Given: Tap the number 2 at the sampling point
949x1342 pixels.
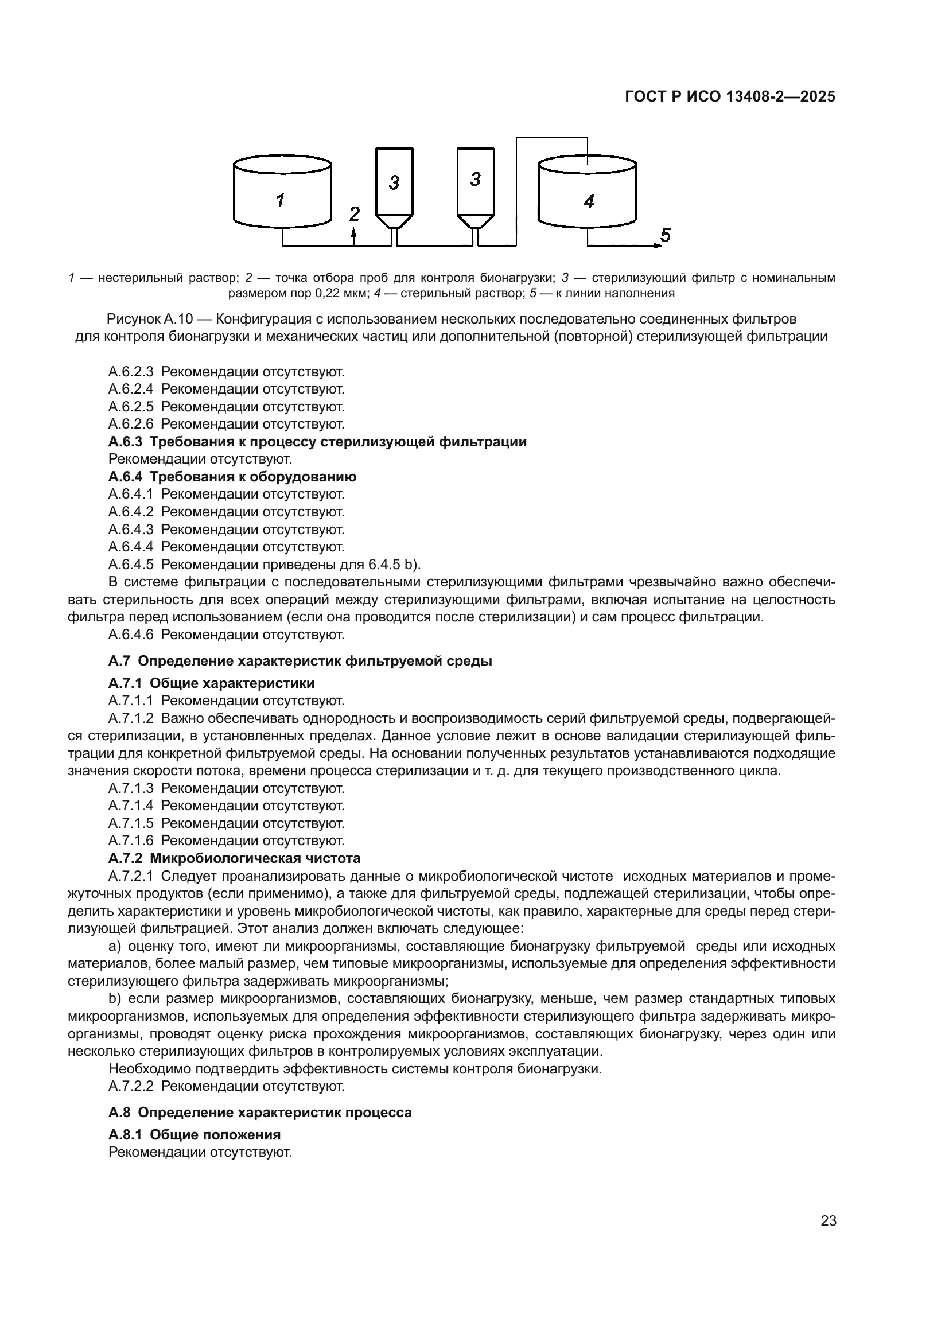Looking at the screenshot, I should pyautogui.click(x=355, y=215).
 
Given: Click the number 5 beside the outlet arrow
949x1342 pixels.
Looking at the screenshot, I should pyautogui.click(x=665, y=236).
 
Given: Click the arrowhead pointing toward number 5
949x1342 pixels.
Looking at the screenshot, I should pyautogui.click(x=657, y=246).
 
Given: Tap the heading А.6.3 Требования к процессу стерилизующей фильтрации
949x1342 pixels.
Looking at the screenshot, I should pyautogui.click(x=317, y=442).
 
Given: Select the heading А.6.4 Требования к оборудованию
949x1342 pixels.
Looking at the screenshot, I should pyautogui.click(x=232, y=477).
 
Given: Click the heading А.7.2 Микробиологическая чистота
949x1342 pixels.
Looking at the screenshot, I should pyautogui.click(x=234, y=858).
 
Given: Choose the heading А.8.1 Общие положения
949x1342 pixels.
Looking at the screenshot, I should pyautogui.click(x=194, y=1134).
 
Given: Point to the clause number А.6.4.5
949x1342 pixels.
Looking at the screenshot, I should pyautogui.click(x=131, y=565).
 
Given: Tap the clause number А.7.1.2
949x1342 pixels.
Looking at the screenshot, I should pyautogui.click(x=131, y=718).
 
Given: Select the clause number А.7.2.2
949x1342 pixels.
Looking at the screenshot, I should pyautogui.click(x=131, y=1086).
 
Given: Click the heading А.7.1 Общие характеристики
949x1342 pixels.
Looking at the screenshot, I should pyautogui.click(x=211, y=683).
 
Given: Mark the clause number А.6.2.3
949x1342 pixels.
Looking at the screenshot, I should pyautogui.click(x=131, y=372).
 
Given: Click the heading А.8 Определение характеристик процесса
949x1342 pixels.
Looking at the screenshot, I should pyautogui.click(x=259, y=1113).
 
